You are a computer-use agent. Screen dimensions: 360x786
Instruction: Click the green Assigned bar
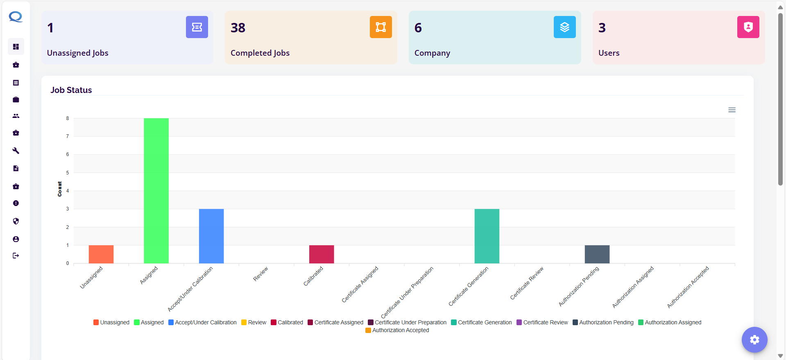(x=156, y=191)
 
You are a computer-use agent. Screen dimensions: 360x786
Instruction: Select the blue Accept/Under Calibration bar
(x=211, y=236)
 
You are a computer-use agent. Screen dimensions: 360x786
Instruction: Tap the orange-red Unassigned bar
(x=101, y=254)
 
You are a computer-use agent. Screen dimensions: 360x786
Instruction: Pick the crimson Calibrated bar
(x=322, y=254)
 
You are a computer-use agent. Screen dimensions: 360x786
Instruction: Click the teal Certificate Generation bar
(x=487, y=236)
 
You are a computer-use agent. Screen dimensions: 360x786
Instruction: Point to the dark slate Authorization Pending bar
(x=597, y=254)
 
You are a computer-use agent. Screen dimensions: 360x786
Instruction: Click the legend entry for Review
(x=254, y=322)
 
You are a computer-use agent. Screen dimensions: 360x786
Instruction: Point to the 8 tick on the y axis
(x=68, y=118)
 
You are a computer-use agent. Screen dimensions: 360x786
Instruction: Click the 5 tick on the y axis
(x=68, y=173)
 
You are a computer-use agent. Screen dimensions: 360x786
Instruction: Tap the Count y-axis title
(x=60, y=189)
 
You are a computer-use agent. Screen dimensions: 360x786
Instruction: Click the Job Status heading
(x=71, y=90)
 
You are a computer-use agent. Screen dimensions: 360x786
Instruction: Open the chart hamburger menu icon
(x=732, y=110)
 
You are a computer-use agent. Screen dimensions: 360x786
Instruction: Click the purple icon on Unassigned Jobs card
(x=197, y=27)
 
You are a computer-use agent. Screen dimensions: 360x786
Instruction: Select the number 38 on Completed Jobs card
(x=238, y=28)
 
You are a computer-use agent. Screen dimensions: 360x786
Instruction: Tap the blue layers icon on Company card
(x=564, y=27)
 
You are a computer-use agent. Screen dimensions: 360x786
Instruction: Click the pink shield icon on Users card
(x=748, y=27)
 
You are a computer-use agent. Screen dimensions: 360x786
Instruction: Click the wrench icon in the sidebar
(x=16, y=151)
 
